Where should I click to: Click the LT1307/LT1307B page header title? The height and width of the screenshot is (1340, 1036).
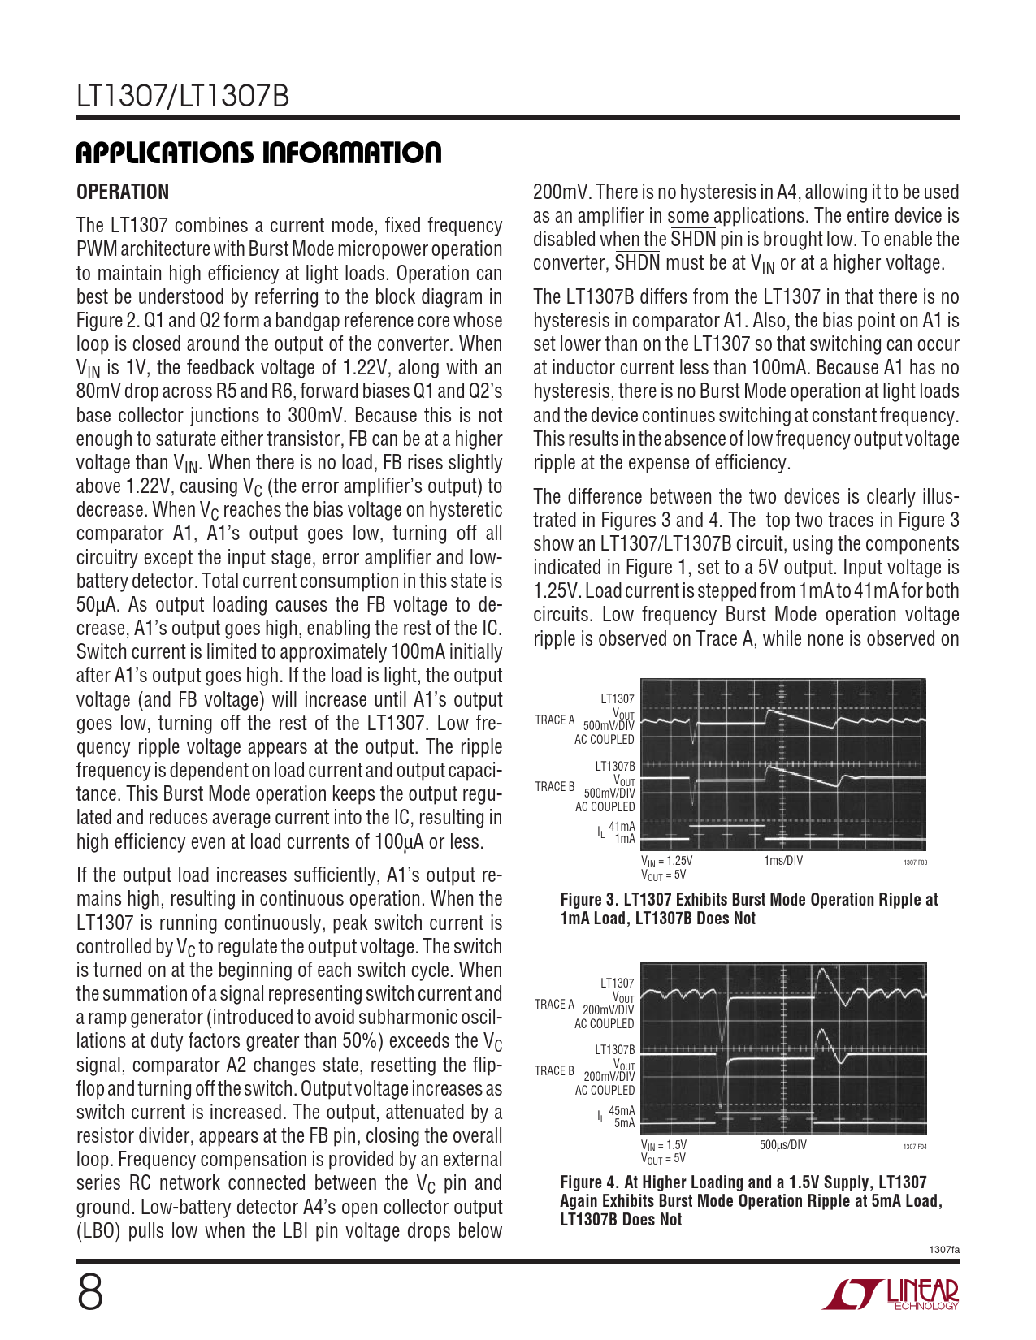(183, 97)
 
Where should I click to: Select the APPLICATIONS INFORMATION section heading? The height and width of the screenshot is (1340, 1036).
(258, 153)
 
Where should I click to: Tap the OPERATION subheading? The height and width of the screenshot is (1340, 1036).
(123, 192)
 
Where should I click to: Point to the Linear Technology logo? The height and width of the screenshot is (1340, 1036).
(891, 1295)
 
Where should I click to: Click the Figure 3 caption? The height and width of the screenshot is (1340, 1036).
(748, 909)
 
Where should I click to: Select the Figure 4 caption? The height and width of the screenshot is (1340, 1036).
(751, 1200)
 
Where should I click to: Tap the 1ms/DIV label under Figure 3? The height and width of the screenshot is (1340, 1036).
(782, 861)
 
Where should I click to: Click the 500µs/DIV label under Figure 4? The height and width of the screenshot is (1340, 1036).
(783, 1145)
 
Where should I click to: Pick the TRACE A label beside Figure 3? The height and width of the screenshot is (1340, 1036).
(555, 720)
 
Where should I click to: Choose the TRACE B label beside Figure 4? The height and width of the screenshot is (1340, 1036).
(555, 1071)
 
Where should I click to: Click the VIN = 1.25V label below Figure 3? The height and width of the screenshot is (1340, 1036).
(666, 861)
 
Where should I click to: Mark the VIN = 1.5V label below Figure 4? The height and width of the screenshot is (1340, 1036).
(664, 1145)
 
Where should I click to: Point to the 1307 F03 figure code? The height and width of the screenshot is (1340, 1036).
(915, 862)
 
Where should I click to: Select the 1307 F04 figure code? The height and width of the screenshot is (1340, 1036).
(915, 1147)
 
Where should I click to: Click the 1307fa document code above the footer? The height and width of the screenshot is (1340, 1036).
(944, 1250)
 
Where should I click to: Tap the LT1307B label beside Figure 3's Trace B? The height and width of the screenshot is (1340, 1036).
(615, 767)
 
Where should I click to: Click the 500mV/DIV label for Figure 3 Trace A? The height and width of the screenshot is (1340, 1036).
(609, 726)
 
